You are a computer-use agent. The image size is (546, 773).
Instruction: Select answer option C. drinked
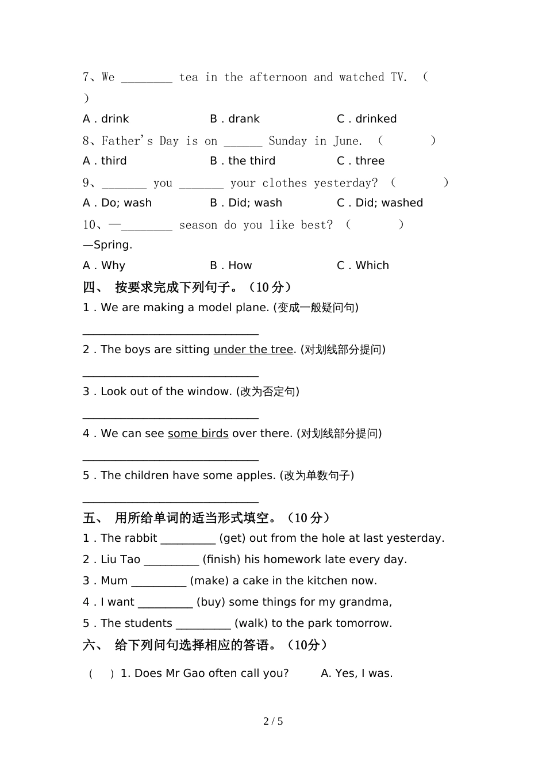(367, 119)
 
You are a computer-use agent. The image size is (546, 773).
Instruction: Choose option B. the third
(243, 161)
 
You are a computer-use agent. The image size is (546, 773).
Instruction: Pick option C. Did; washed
(380, 203)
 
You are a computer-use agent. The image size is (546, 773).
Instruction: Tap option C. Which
(363, 266)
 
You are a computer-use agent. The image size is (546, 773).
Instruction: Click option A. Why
(104, 266)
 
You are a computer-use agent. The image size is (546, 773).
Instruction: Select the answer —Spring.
(107, 245)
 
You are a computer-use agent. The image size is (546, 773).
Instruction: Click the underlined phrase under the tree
(253, 350)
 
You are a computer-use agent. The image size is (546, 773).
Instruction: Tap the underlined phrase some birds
(198, 434)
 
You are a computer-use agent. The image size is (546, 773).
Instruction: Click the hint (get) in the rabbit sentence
(232, 538)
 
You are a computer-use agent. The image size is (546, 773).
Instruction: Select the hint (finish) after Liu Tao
(222, 560)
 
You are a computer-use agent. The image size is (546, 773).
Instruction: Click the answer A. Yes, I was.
(356, 673)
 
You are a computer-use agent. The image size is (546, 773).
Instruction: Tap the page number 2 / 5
(273, 721)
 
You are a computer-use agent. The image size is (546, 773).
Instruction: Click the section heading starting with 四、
(187, 287)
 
